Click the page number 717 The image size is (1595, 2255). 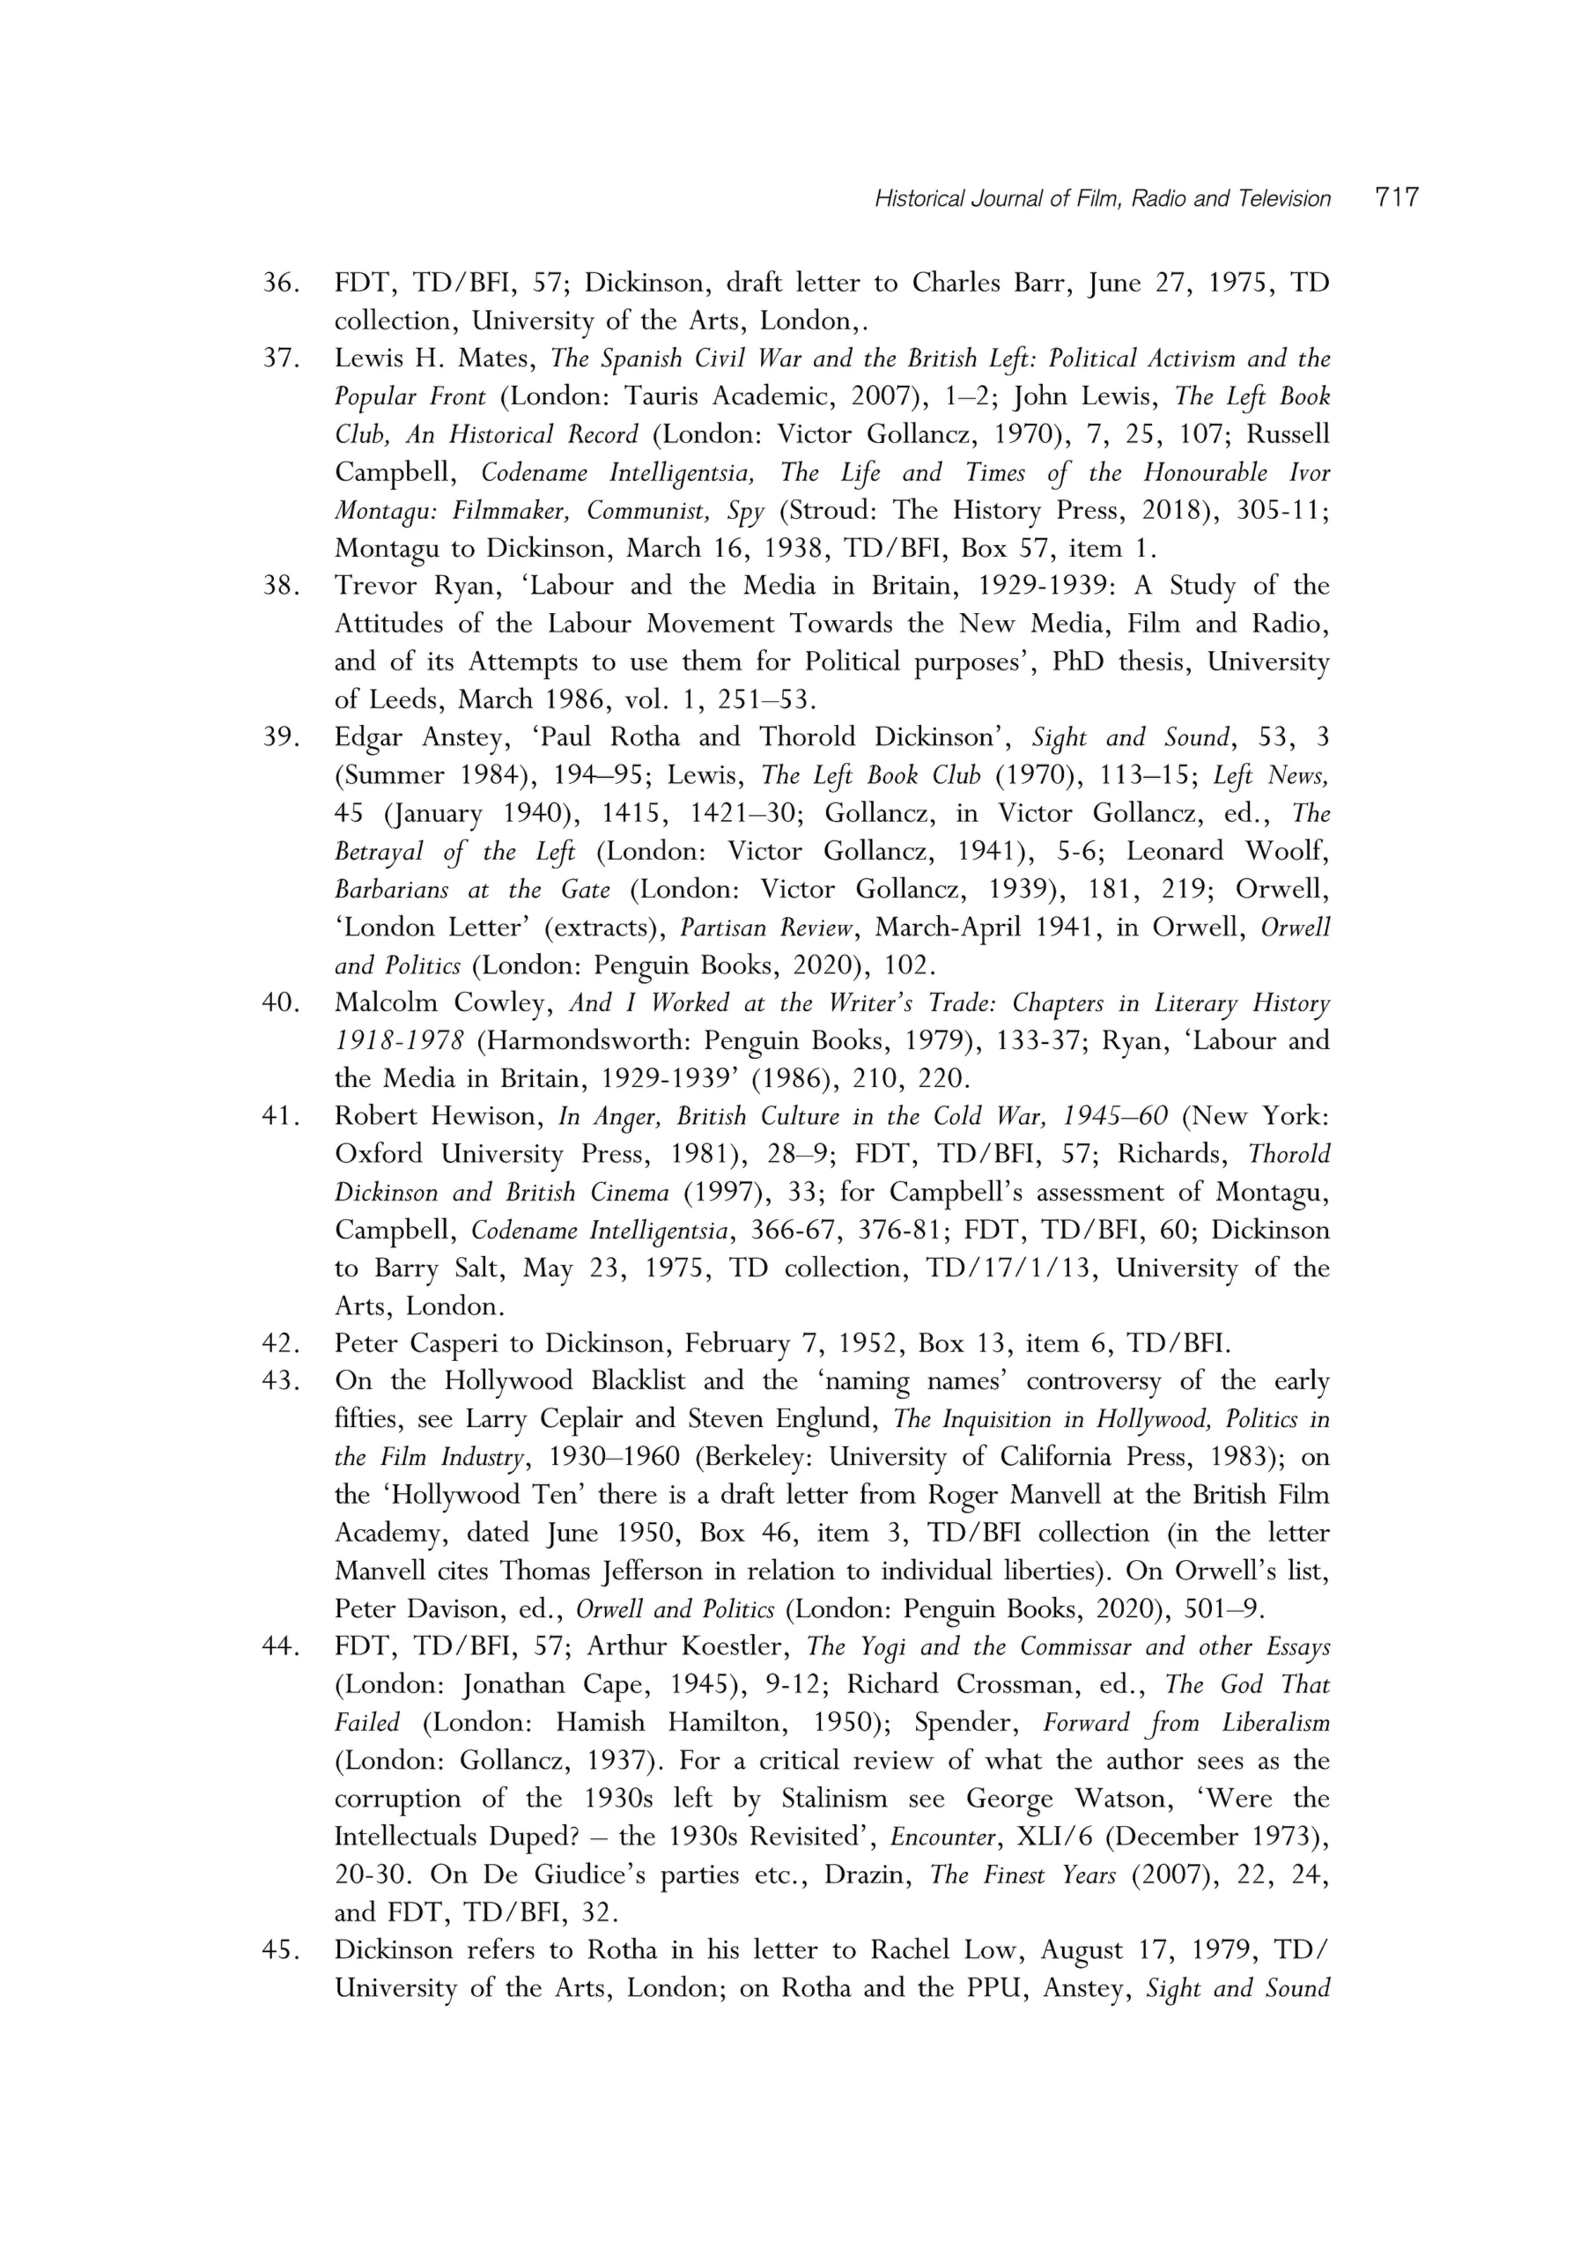1397,197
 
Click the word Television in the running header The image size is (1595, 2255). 1283,198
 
